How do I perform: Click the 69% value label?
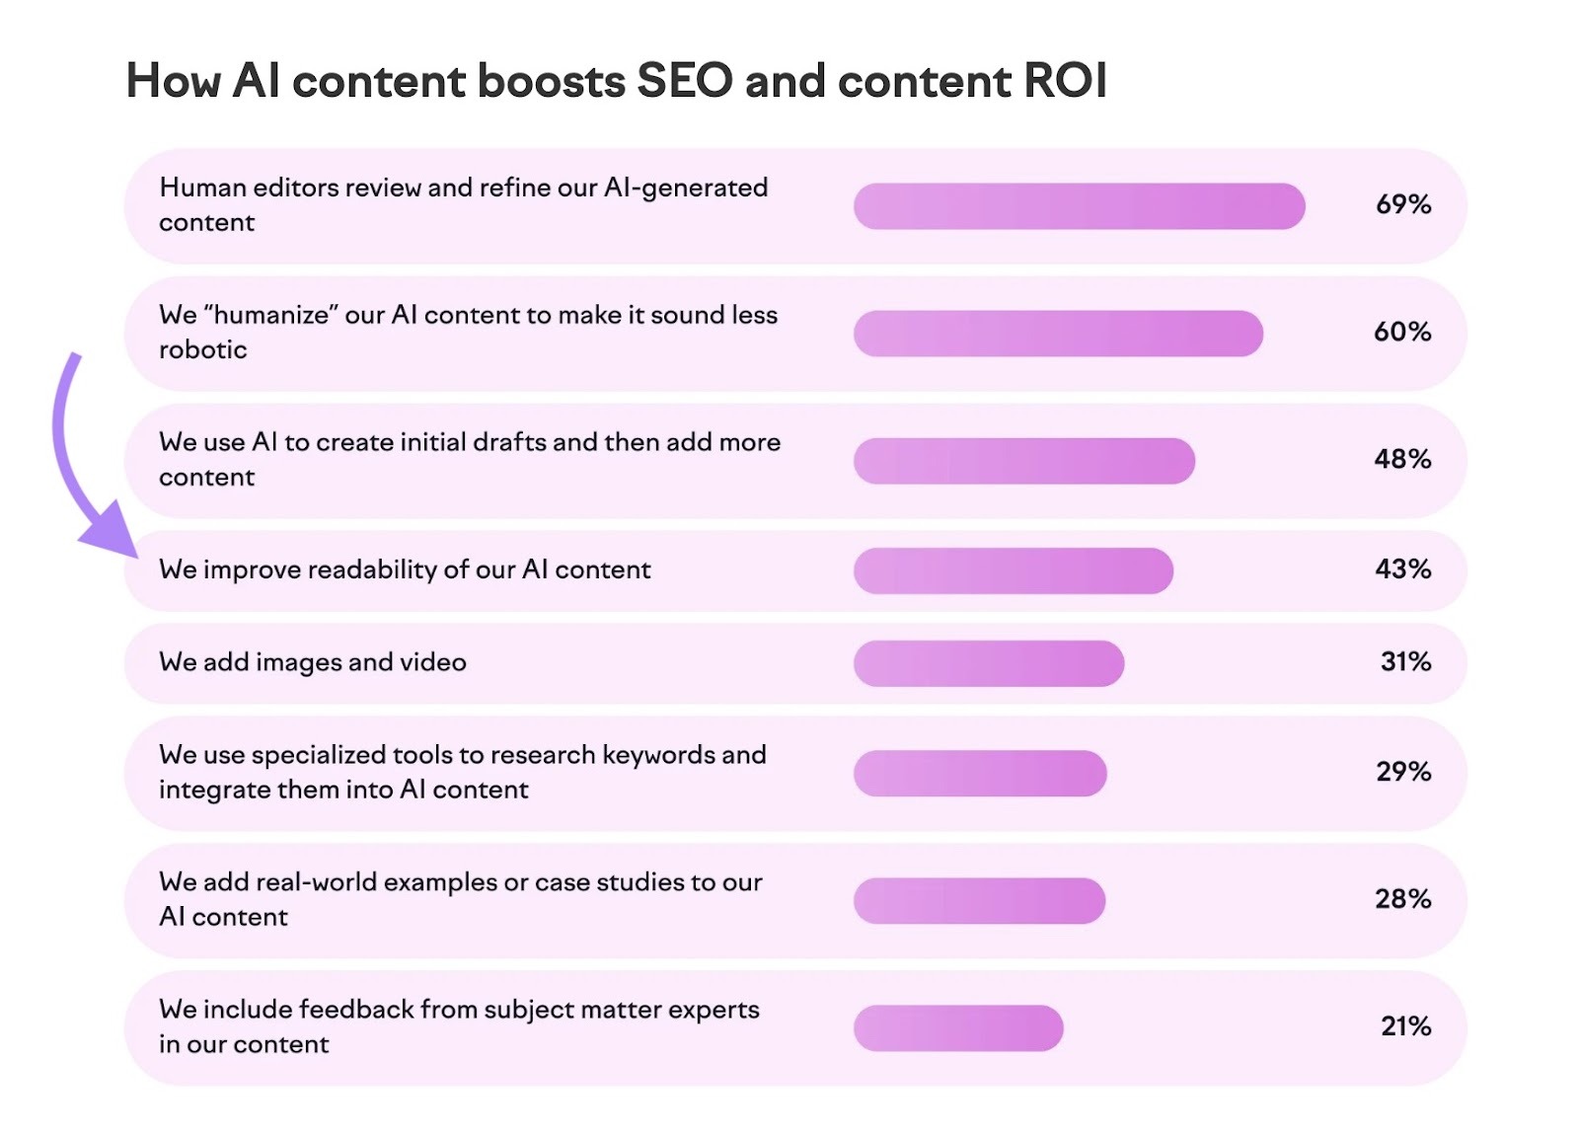(x=1402, y=204)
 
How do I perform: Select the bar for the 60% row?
(x=1057, y=334)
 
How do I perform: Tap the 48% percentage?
(x=1402, y=459)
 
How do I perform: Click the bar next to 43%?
(x=1013, y=570)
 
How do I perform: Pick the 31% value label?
(x=1405, y=661)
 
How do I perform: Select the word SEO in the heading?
(x=684, y=81)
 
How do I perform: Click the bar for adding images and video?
(x=988, y=663)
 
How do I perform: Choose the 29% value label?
(x=1403, y=771)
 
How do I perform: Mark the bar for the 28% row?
(x=979, y=900)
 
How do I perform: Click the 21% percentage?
(x=1405, y=1026)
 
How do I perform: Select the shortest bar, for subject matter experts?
(x=957, y=1027)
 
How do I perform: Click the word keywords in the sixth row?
(x=658, y=755)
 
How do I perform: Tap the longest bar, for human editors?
(x=1079, y=206)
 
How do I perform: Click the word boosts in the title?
(x=551, y=81)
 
